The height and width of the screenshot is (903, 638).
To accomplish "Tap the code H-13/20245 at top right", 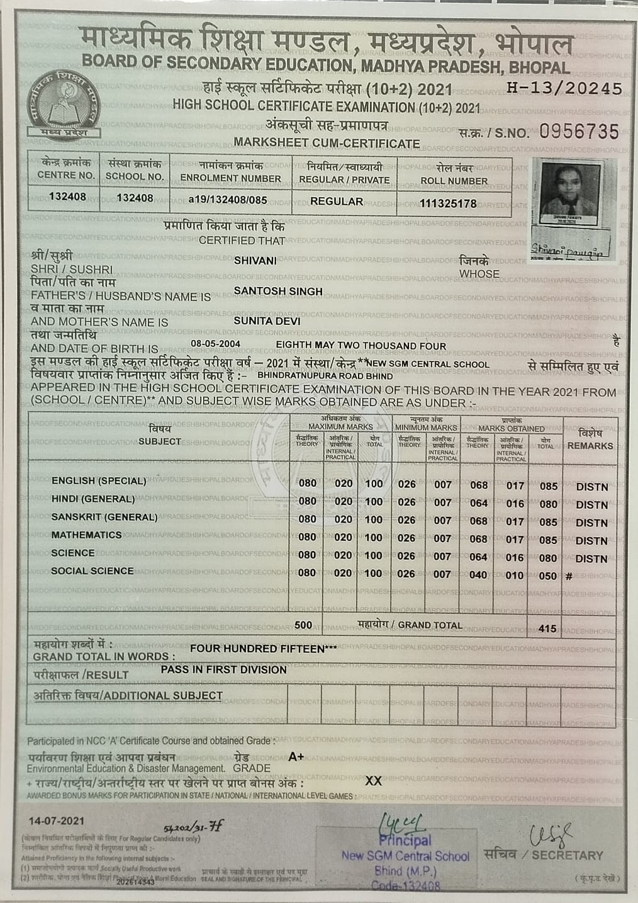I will pos(564,89).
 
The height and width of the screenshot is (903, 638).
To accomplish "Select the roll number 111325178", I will pos(448,203).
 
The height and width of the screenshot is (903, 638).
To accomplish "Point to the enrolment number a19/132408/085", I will pos(228,200).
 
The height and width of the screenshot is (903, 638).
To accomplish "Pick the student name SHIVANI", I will pos(255,260).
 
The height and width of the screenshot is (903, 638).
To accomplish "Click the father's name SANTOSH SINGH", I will pos(277,291).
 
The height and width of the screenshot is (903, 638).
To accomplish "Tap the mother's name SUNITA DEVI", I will pos(267,321).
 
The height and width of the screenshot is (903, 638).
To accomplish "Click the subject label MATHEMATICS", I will pos(86,535).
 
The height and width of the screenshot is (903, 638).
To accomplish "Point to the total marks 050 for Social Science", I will pos(547,576).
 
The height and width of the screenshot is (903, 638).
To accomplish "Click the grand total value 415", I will pos(547,628).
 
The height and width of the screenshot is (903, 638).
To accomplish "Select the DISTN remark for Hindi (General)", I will pos(591,505).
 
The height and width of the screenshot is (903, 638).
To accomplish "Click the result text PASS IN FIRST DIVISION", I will pos(223,670).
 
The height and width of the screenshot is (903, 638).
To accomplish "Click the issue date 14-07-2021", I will pos(56,821).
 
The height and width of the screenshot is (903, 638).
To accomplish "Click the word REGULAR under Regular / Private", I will pos(337,202).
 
